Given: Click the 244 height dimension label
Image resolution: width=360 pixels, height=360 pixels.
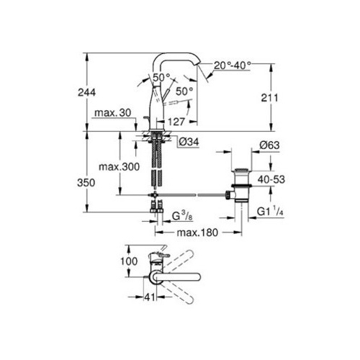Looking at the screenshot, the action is (x=86, y=92).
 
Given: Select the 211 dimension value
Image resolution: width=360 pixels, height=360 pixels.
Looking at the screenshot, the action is (x=269, y=98).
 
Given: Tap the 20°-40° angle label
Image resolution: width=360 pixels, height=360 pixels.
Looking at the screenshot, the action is (x=233, y=66).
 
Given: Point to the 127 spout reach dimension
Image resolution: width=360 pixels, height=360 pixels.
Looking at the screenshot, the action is (x=176, y=122).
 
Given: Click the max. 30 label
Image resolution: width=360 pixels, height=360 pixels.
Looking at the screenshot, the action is (x=113, y=113).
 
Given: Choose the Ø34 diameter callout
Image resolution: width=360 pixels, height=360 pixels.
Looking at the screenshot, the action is (x=189, y=142).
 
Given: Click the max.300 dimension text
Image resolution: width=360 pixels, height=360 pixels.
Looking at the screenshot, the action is (x=119, y=166).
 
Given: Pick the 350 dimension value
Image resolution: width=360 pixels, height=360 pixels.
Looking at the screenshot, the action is (x=86, y=183).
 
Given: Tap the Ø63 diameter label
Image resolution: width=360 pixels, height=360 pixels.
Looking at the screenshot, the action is (x=269, y=145).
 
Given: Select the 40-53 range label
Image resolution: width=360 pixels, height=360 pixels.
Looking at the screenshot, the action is (x=271, y=179).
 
